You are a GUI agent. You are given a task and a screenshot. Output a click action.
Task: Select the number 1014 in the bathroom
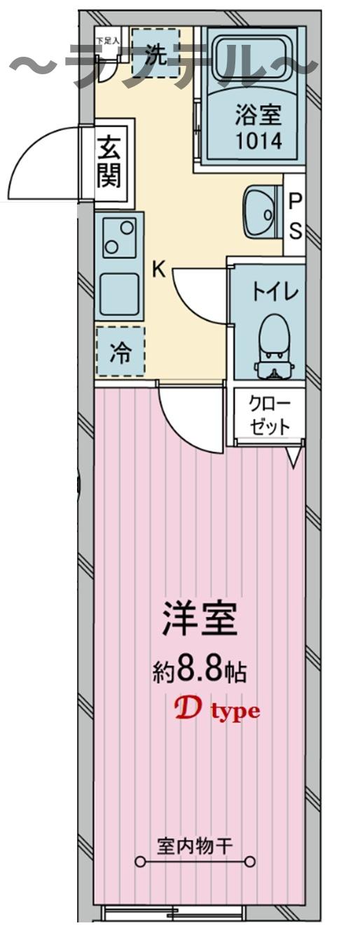tap(259, 141)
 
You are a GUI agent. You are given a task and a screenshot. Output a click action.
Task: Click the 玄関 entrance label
tap(109, 162)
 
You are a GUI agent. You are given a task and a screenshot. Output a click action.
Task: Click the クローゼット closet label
tap(269, 415)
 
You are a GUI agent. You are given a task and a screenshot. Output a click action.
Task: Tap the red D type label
tap(216, 711)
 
